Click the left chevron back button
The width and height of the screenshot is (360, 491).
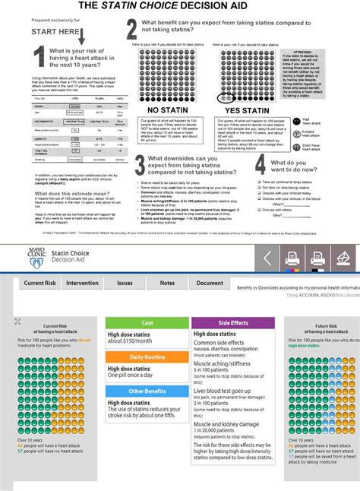pyautogui.click(x=268, y=258)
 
